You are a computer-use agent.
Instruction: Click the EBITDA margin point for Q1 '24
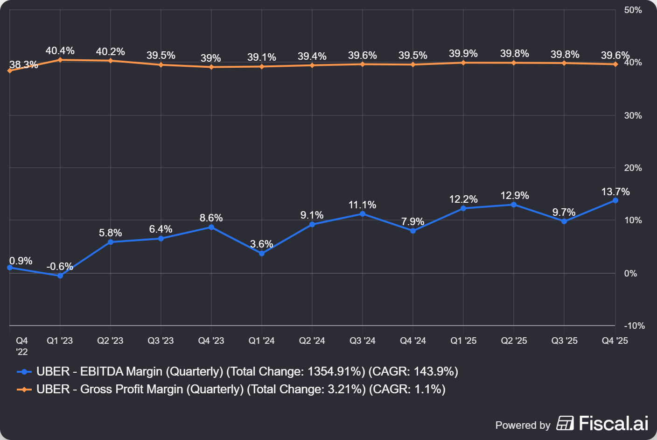tap(262, 254)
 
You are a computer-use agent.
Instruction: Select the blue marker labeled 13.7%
tap(615, 200)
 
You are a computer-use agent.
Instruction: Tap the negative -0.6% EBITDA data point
tap(60, 276)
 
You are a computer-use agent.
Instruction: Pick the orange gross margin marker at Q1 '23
tap(60, 60)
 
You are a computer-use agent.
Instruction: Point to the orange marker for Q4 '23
tap(211, 67)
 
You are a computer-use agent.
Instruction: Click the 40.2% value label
tap(110, 52)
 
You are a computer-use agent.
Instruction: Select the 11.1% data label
tap(362, 205)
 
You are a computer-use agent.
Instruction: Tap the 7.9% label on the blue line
tap(412, 221)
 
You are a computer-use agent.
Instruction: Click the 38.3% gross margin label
tap(23, 65)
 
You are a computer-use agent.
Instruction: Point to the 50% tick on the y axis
tap(633, 10)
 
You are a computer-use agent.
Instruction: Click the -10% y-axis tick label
tap(634, 326)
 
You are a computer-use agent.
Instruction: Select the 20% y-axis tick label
tap(633, 168)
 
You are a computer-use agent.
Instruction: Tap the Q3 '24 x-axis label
tap(363, 341)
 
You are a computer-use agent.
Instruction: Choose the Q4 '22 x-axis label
tap(21, 346)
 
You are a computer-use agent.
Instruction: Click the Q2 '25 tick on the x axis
tap(514, 341)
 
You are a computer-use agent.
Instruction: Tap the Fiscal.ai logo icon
tap(565, 423)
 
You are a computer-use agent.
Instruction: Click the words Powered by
tap(523, 425)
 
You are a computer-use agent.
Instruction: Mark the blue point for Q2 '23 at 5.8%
tap(111, 242)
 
